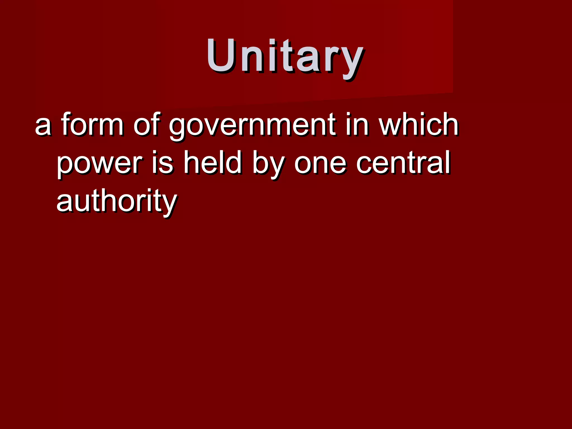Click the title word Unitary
(285, 57)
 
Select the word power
(99, 165)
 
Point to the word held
(212, 162)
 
